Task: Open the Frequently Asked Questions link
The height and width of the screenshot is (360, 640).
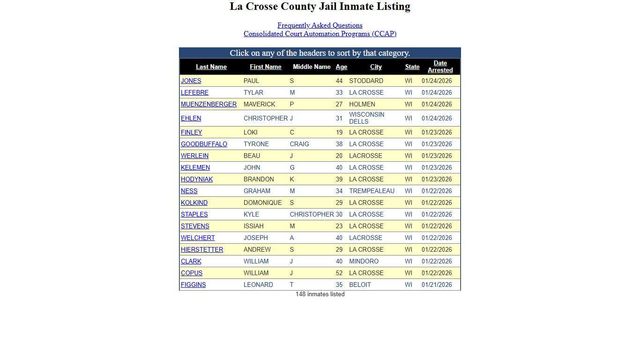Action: click(320, 25)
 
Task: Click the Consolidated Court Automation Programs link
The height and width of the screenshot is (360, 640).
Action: click(320, 34)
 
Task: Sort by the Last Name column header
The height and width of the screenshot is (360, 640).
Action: click(211, 67)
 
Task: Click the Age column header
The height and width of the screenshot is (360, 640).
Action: click(341, 67)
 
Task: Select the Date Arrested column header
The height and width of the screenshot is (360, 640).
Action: click(440, 67)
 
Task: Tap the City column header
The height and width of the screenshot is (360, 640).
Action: click(376, 67)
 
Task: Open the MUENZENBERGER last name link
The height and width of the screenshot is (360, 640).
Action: click(208, 104)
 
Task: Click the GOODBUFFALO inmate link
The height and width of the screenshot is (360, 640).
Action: click(204, 144)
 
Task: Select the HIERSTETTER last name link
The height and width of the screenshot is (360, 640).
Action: click(202, 249)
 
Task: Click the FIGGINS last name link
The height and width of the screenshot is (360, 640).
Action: click(193, 285)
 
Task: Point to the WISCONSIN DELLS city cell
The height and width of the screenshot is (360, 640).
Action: click(366, 118)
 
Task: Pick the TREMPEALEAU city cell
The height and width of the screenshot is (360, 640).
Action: click(372, 191)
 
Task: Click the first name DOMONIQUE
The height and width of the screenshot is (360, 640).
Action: click(262, 202)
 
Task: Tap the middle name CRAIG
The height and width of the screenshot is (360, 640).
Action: click(299, 144)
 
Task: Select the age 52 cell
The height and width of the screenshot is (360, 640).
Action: click(339, 273)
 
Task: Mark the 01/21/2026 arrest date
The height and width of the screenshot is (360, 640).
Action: click(436, 285)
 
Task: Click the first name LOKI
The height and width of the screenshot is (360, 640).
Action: click(250, 132)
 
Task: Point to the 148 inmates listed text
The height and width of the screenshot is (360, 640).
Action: click(320, 294)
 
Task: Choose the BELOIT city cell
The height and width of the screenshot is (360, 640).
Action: click(360, 285)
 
